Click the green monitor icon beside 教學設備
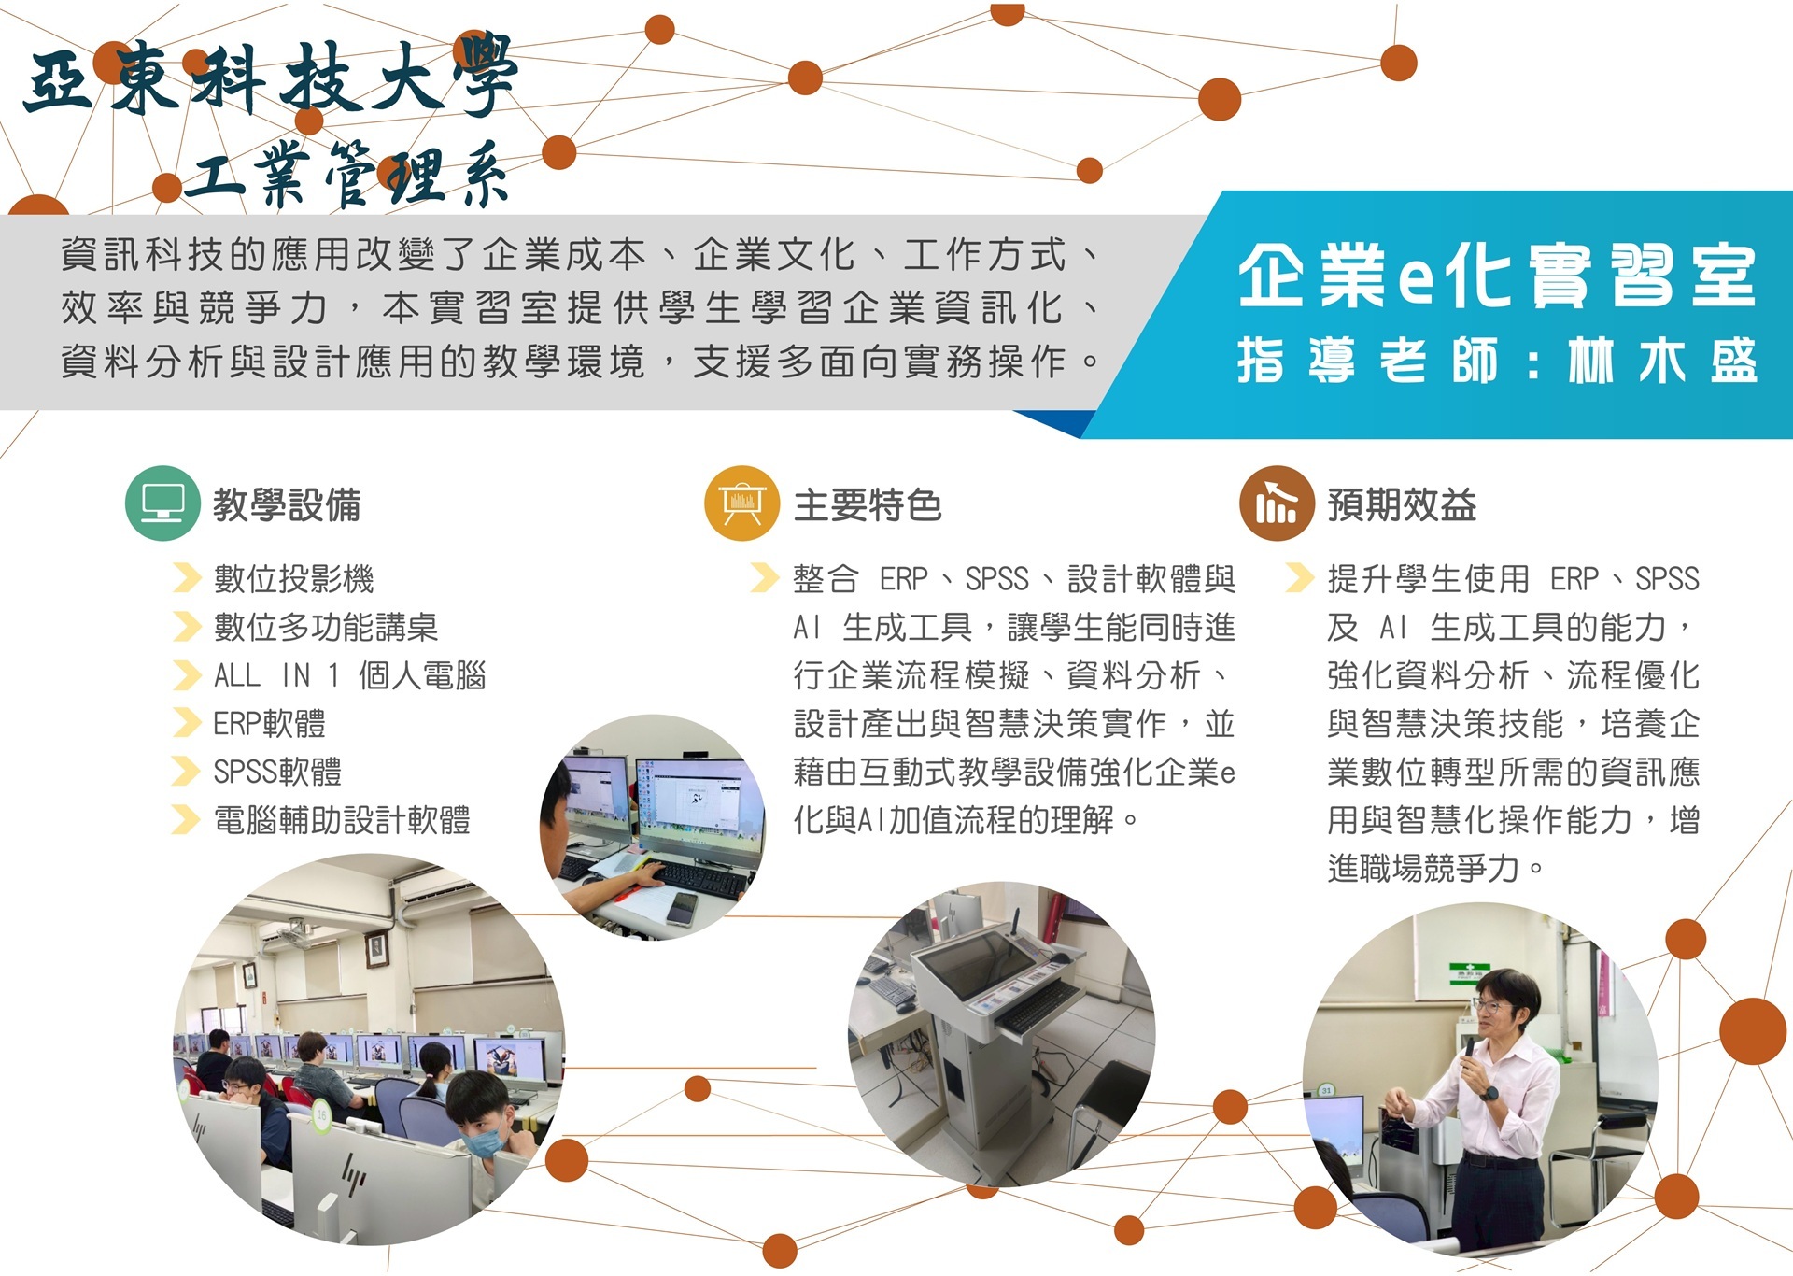162,503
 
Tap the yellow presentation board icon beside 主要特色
741,503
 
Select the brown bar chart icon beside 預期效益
1277,503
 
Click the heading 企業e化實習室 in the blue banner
1497,276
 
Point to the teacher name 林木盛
1662,362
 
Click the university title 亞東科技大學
271,78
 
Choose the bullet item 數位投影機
293,579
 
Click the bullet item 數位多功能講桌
326,628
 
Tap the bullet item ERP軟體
270,724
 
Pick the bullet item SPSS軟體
277,773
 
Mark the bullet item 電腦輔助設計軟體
342,821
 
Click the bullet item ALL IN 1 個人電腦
350,675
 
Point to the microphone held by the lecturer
1470,1051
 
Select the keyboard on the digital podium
1035,1009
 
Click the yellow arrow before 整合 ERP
765,578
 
